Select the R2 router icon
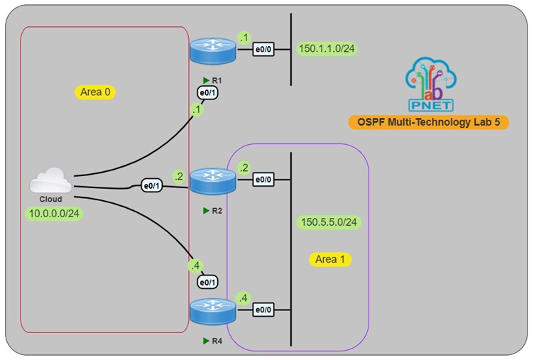pyautogui.click(x=212, y=180)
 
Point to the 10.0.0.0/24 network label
pyautogui.click(x=55, y=213)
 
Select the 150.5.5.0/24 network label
pyautogui.click(x=329, y=222)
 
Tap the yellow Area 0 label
pyautogui.click(x=94, y=92)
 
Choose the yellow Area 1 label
pyautogui.click(x=331, y=259)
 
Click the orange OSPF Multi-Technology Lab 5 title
pyautogui.click(x=428, y=122)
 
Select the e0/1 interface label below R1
pyautogui.click(x=207, y=92)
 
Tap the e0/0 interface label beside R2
pyautogui.click(x=263, y=180)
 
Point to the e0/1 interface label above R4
pyautogui.click(x=207, y=282)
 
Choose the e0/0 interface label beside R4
pyautogui.click(x=263, y=310)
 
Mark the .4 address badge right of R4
pyautogui.click(x=244, y=298)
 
